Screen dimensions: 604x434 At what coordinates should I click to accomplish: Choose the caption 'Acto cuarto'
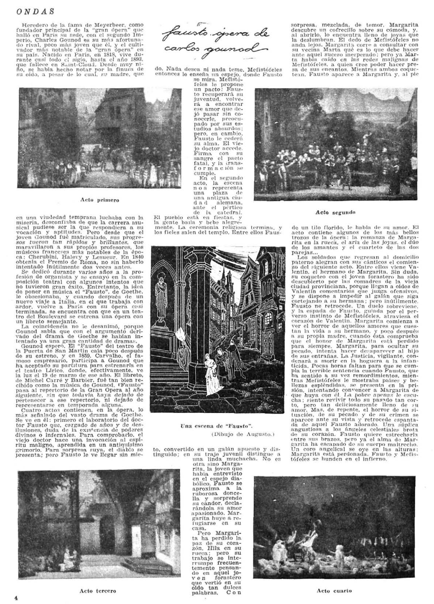(x=334, y=591)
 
